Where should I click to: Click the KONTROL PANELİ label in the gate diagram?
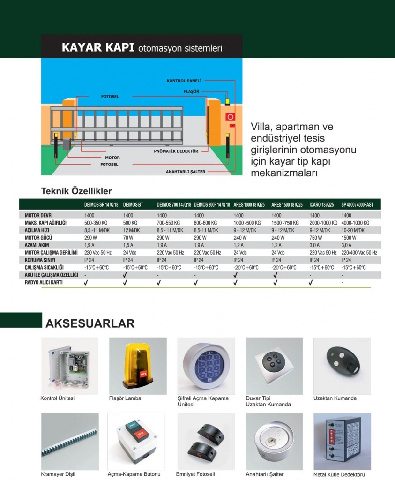tap(184, 81)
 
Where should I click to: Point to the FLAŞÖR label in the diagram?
tap(192, 91)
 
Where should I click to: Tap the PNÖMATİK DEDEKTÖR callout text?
tap(176, 151)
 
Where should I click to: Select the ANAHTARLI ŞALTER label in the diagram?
tap(186, 172)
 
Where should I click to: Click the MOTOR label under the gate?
tap(112, 157)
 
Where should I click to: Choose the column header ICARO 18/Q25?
tap(321, 205)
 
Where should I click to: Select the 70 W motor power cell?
tap(128, 238)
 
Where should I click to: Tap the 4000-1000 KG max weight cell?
tap(355, 223)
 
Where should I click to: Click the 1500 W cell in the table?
tap(349, 238)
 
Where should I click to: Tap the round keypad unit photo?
tap(206, 366)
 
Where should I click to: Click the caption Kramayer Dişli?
tap(58, 474)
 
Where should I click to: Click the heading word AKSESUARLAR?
tap(90, 323)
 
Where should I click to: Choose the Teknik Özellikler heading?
tap(76, 191)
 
